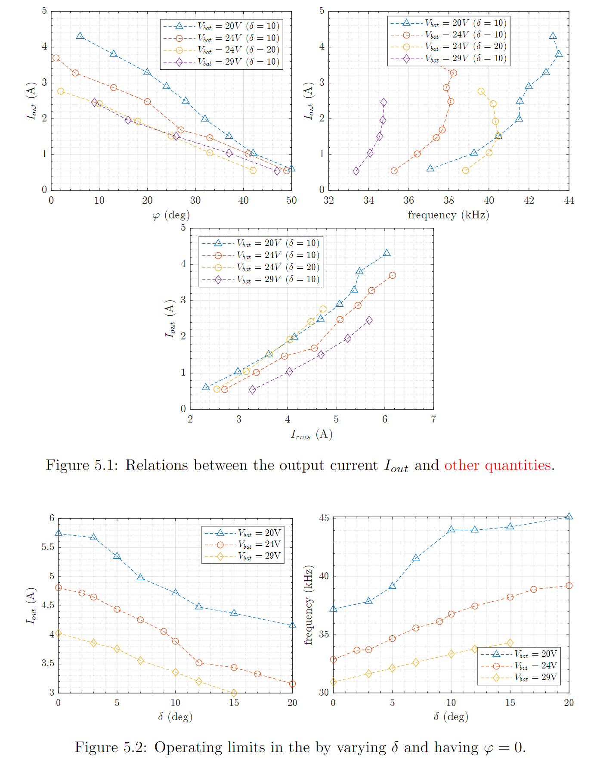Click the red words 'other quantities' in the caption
[498, 465]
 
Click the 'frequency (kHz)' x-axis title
[448, 215]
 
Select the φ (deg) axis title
[171, 215]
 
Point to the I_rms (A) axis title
[312, 434]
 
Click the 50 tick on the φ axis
[291, 200]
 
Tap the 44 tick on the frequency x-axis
[569, 200]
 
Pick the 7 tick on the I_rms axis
[433, 419]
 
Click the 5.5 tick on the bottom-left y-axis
[48, 547]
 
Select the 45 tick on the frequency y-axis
[324, 518]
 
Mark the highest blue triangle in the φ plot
[80, 36]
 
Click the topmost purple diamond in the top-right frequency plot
[384, 103]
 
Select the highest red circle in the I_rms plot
[392, 275]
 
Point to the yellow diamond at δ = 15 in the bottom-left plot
[234, 693]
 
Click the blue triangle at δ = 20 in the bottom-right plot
[569, 516]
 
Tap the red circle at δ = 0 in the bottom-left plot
[59, 587]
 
